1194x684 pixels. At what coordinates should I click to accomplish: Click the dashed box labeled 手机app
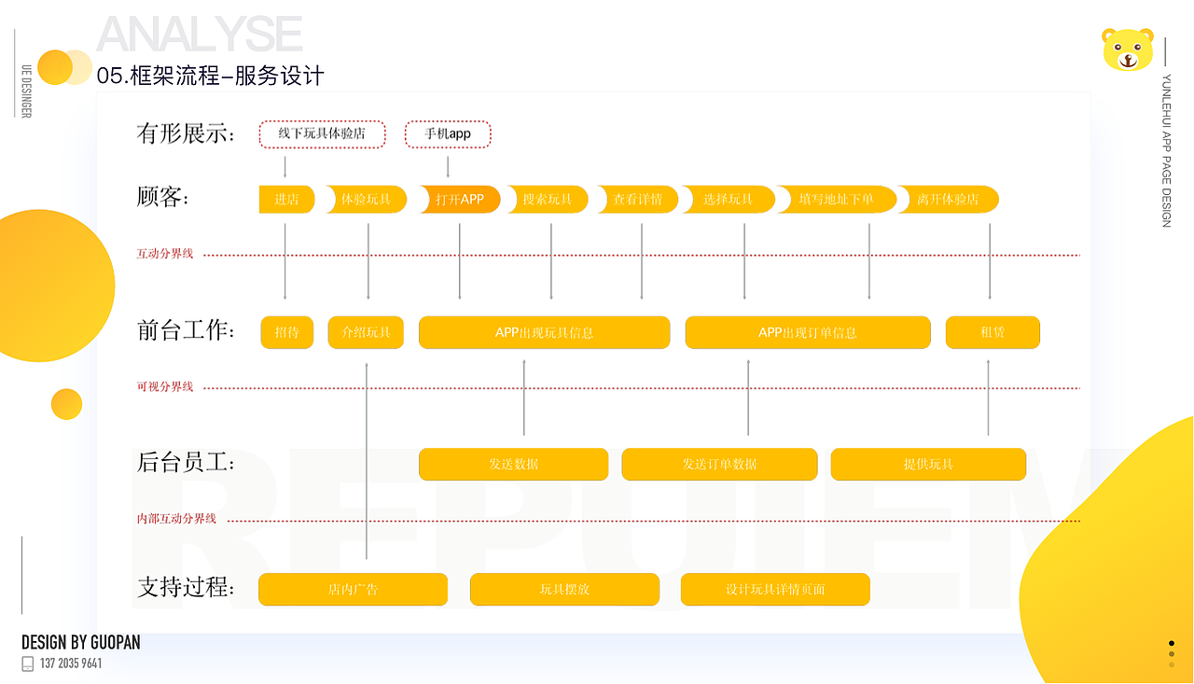[448, 134]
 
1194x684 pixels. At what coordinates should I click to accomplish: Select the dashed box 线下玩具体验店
[322, 134]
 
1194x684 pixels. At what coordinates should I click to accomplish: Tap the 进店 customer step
[286, 200]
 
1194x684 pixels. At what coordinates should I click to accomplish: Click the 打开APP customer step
[460, 200]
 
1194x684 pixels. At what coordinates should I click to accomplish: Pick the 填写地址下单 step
[837, 200]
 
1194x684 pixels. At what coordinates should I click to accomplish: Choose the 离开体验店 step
[948, 200]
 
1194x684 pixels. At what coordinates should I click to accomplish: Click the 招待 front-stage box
[286, 333]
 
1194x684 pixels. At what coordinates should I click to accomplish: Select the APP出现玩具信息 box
[544, 333]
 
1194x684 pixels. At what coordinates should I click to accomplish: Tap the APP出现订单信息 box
[808, 333]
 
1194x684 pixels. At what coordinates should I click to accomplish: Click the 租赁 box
[993, 333]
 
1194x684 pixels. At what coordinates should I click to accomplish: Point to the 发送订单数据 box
[719, 465]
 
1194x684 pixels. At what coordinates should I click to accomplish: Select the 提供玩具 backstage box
[928, 465]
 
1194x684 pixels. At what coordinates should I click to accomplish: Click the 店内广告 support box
[353, 590]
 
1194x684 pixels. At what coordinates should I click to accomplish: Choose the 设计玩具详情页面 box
[775, 590]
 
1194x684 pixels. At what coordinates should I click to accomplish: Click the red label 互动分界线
[165, 254]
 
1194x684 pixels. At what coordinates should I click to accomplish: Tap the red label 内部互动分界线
[176, 519]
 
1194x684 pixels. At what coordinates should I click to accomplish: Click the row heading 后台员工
[186, 462]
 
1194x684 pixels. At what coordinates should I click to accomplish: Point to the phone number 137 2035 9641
[71, 663]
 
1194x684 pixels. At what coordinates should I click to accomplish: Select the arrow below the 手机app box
[449, 167]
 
